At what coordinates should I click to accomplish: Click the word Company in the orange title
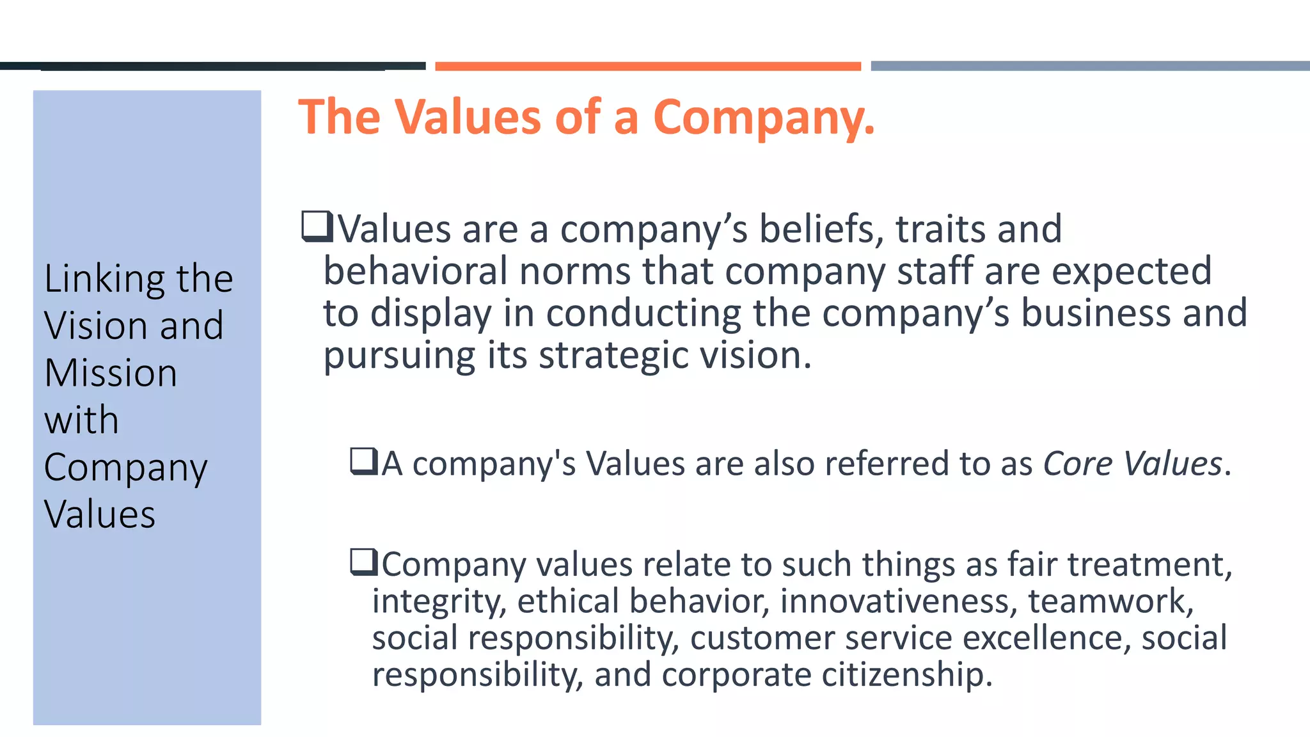click(x=762, y=118)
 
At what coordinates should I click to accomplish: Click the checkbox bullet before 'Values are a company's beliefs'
click(x=317, y=227)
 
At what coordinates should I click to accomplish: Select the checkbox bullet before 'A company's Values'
click(x=365, y=461)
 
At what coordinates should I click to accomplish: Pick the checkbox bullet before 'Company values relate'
click(x=365, y=562)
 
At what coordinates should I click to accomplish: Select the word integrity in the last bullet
click(x=439, y=601)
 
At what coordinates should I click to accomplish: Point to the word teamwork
click(x=1110, y=601)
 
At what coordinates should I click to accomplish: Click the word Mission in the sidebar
click(x=111, y=373)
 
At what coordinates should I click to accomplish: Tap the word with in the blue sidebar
click(x=81, y=420)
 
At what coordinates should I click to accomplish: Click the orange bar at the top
click(x=647, y=66)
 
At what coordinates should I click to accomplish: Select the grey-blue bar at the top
click(x=1090, y=66)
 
